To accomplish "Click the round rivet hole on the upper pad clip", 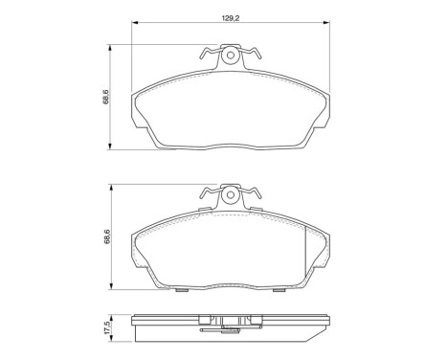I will (230, 56).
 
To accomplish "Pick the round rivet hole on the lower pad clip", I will (230, 196).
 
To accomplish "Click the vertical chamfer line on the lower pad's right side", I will (304, 249).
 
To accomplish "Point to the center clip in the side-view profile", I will (230, 326).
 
